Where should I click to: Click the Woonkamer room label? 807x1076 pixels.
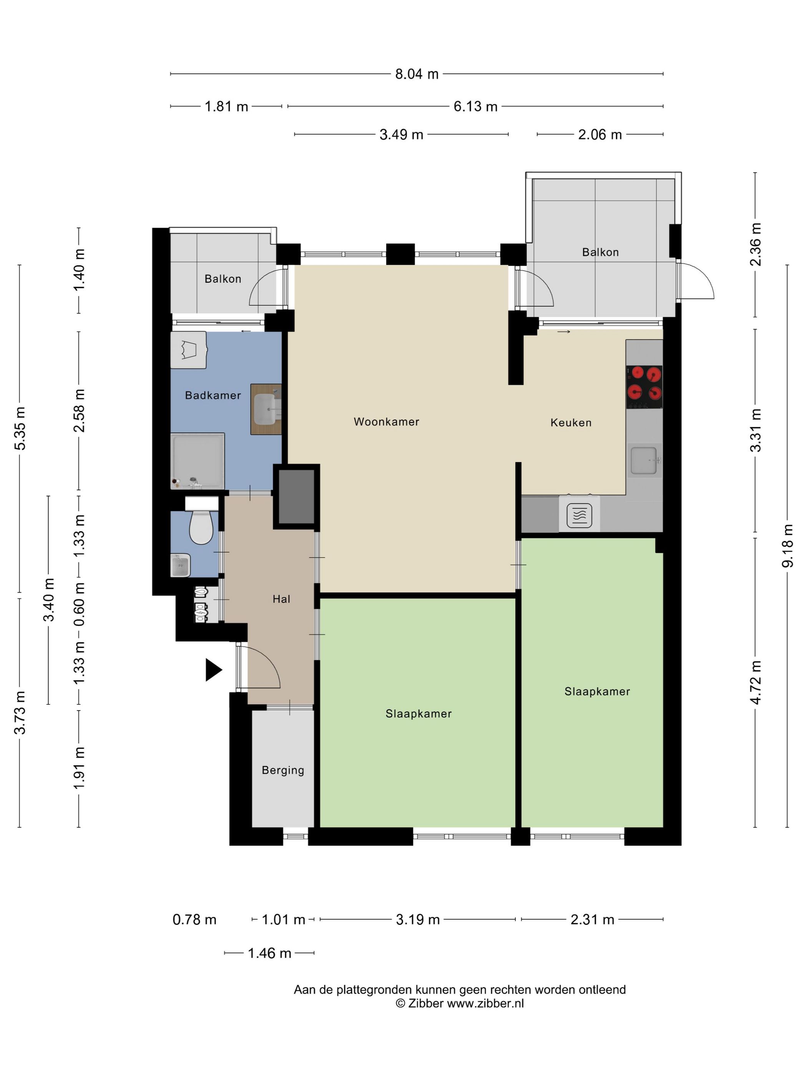386,422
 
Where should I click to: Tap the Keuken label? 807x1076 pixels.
571,423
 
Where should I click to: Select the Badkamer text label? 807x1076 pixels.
213,395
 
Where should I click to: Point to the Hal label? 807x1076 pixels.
281,599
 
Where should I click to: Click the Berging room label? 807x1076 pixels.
282,770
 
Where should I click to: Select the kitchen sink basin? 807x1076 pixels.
644,460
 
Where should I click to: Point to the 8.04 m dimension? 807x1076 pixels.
417,74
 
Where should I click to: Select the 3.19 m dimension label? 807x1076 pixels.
418,919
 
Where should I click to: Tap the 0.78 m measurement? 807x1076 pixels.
194,919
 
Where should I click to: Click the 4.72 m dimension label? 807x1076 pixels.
756,682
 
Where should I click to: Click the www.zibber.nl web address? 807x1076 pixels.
485,1003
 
